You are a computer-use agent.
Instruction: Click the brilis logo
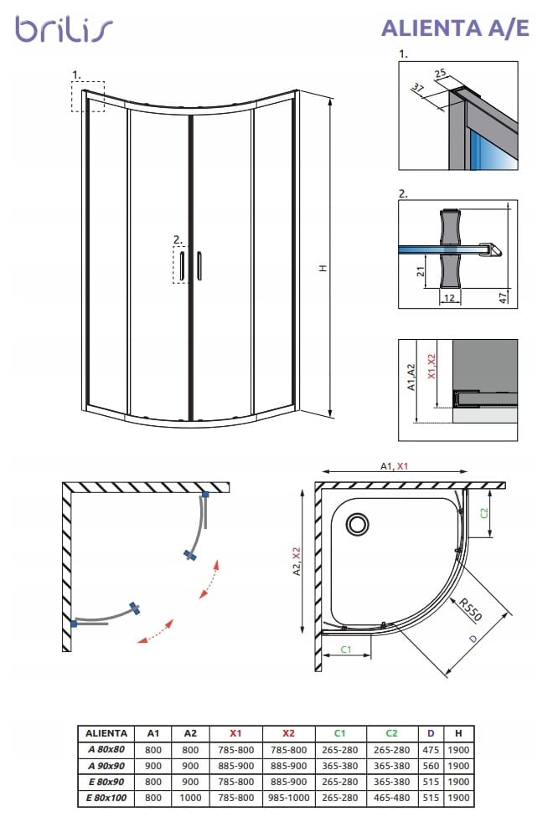tap(63, 30)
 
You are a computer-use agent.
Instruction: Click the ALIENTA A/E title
tap(455, 28)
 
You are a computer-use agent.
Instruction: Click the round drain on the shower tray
tap(358, 524)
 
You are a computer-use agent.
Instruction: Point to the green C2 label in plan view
tap(485, 512)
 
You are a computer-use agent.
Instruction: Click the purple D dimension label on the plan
tap(474, 640)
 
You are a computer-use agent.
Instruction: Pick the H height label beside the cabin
tap(322, 268)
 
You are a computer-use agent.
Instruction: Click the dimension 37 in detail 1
tap(418, 88)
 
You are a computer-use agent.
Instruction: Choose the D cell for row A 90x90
tap(431, 765)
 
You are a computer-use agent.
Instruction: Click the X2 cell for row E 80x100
tap(289, 797)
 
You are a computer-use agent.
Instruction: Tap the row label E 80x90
tap(106, 781)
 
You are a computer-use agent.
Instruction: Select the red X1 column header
tap(235, 732)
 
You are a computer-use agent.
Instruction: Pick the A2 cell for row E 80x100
tap(190, 797)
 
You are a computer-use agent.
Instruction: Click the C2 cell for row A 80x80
tap(392, 749)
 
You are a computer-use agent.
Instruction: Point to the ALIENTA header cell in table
tap(106, 732)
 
